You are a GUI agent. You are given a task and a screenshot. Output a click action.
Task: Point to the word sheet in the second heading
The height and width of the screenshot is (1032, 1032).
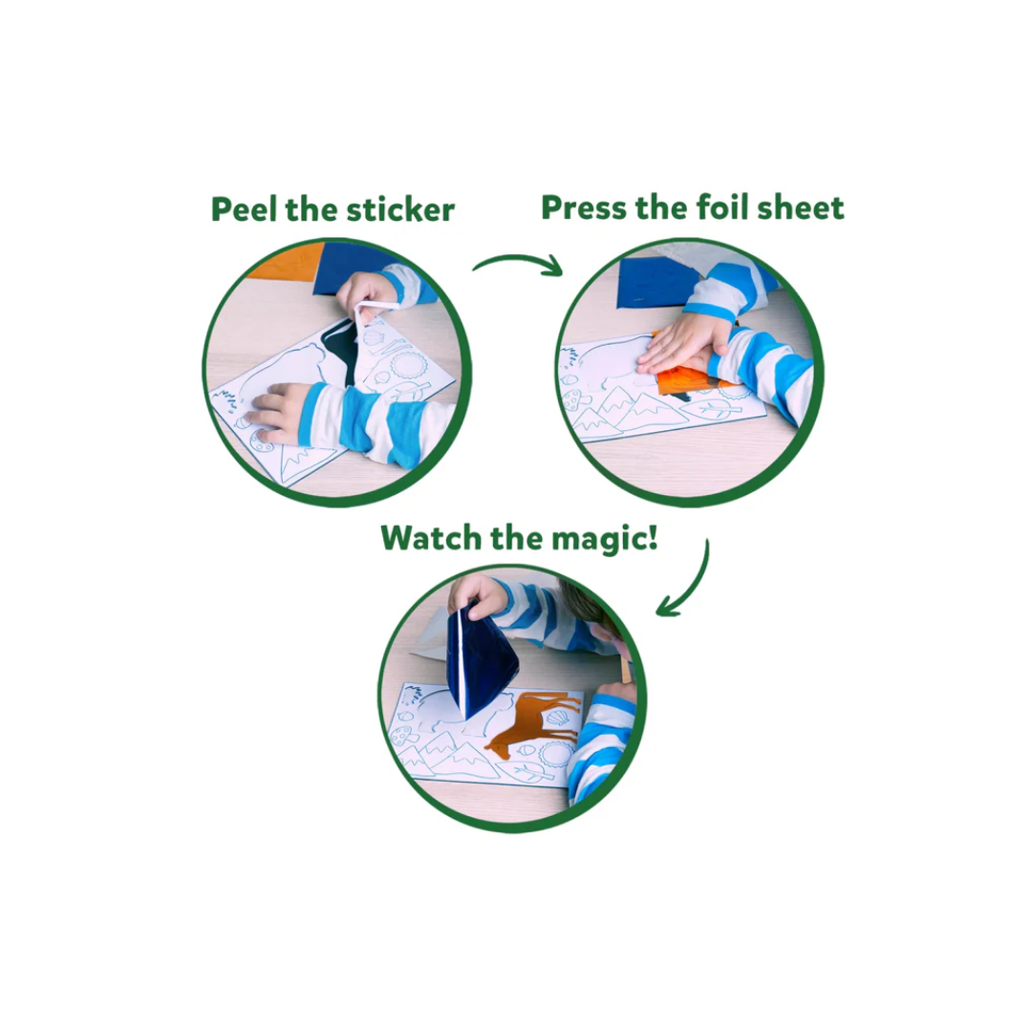coord(801,208)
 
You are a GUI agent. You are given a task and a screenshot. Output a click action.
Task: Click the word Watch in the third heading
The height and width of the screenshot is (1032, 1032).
coord(431,538)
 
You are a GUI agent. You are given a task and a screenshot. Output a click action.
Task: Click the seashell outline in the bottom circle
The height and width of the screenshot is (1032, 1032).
coord(555,719)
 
